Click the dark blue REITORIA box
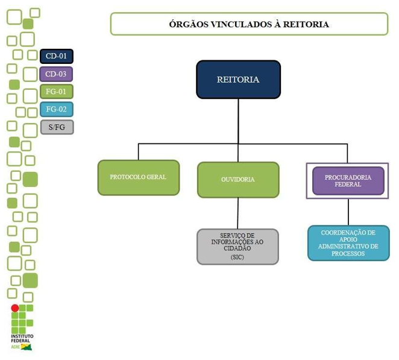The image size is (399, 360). click(x=238, y=80)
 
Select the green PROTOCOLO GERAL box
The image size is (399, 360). click(x=138, y=177)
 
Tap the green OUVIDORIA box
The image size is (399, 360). click(x=238, y=180)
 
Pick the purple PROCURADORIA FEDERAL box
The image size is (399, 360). click(x=348, y=180)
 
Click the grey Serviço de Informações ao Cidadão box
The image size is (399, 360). click(x=238, y=246)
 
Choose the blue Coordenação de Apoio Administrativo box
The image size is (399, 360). click(x=348, y=242)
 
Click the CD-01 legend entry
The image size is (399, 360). click(x=57, y=57)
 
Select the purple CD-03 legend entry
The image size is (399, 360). click(x=57, y=74)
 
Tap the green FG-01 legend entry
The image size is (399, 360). click(x=57, y=92)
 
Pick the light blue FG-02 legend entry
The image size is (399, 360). click(x=57, y=109)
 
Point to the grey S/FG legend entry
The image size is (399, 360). click(x=57, y=127)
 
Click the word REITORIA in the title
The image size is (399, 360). click(x=306, y=25)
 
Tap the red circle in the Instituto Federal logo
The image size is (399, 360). click(x=15, y=308)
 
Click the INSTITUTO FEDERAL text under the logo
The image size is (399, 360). click(x=22, y=338)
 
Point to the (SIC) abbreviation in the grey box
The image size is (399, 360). click(x=238, y=257)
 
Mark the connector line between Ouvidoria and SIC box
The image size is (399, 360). click(x=238, y=213)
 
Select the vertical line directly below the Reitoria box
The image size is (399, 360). click(x=238, y=121)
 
